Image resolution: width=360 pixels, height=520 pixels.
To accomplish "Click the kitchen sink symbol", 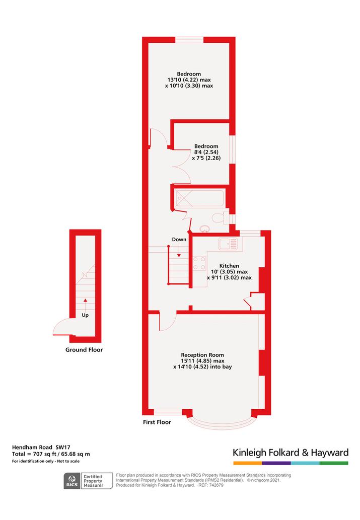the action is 228,244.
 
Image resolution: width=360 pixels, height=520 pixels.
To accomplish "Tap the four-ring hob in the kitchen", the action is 199,263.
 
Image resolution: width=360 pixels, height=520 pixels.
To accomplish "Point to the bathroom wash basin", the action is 205,229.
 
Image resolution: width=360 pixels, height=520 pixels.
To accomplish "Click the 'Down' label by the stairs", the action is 179,240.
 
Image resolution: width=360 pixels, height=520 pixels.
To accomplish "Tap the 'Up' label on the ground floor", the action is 85,315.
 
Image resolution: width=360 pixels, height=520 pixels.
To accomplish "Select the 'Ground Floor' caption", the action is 84,349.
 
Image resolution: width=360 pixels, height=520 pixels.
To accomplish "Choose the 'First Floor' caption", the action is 157,422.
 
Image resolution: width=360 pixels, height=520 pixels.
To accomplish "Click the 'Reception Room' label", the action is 202,355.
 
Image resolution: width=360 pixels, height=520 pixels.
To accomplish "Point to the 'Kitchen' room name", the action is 229,266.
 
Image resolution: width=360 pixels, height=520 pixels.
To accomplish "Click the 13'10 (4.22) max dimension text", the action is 189,80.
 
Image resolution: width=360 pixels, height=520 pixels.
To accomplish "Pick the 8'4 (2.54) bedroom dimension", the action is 206,152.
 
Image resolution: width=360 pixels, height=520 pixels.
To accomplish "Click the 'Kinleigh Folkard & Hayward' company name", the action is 291,453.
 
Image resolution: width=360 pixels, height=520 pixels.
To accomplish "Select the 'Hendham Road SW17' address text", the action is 41,448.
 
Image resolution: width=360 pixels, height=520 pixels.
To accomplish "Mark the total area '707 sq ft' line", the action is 51,454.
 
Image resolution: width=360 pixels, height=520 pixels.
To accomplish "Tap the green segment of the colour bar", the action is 334,463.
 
